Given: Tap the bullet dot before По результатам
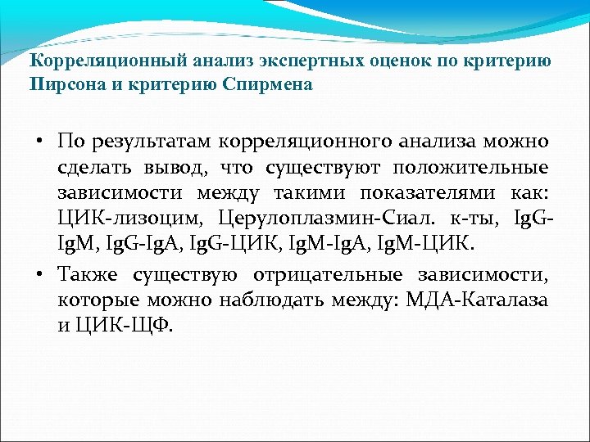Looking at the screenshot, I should point(39,142).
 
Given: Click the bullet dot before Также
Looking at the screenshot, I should point(39,274).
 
